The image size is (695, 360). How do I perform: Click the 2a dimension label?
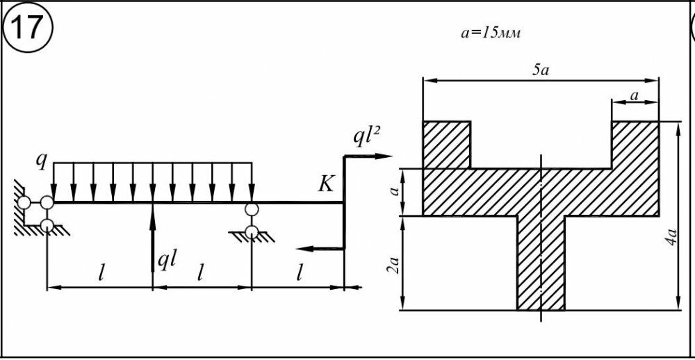(393, 264)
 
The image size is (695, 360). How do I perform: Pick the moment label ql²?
(365, 139)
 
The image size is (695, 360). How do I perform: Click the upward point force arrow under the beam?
(153, 236)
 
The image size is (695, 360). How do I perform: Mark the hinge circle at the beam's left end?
(47, 202)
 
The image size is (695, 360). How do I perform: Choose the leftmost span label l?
(101, 273)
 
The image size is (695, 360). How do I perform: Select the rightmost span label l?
(300, 273)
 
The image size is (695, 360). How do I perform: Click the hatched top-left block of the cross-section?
(446, 145)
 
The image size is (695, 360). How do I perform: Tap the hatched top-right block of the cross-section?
(635, 145)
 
